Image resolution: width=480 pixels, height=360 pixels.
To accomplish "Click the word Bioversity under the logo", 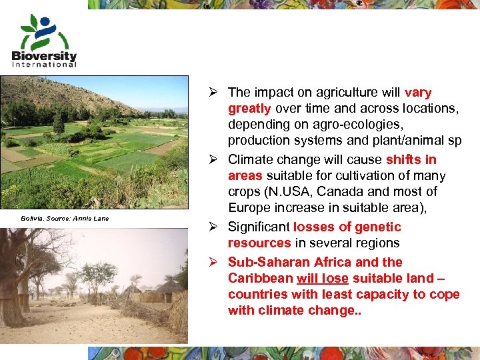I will pyautogui.click(x=44, y=56).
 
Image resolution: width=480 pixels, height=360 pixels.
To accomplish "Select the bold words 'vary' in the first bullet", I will pyautogui.click(x=418, y=93).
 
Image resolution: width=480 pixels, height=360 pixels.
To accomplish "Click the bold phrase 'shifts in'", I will pyautogui.click(x=411, y=159).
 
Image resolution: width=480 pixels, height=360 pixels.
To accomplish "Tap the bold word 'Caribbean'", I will pyautogui.click(x=258, y=278).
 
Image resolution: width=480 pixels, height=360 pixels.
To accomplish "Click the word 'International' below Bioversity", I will pyautogui.click(x=44, y=65).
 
